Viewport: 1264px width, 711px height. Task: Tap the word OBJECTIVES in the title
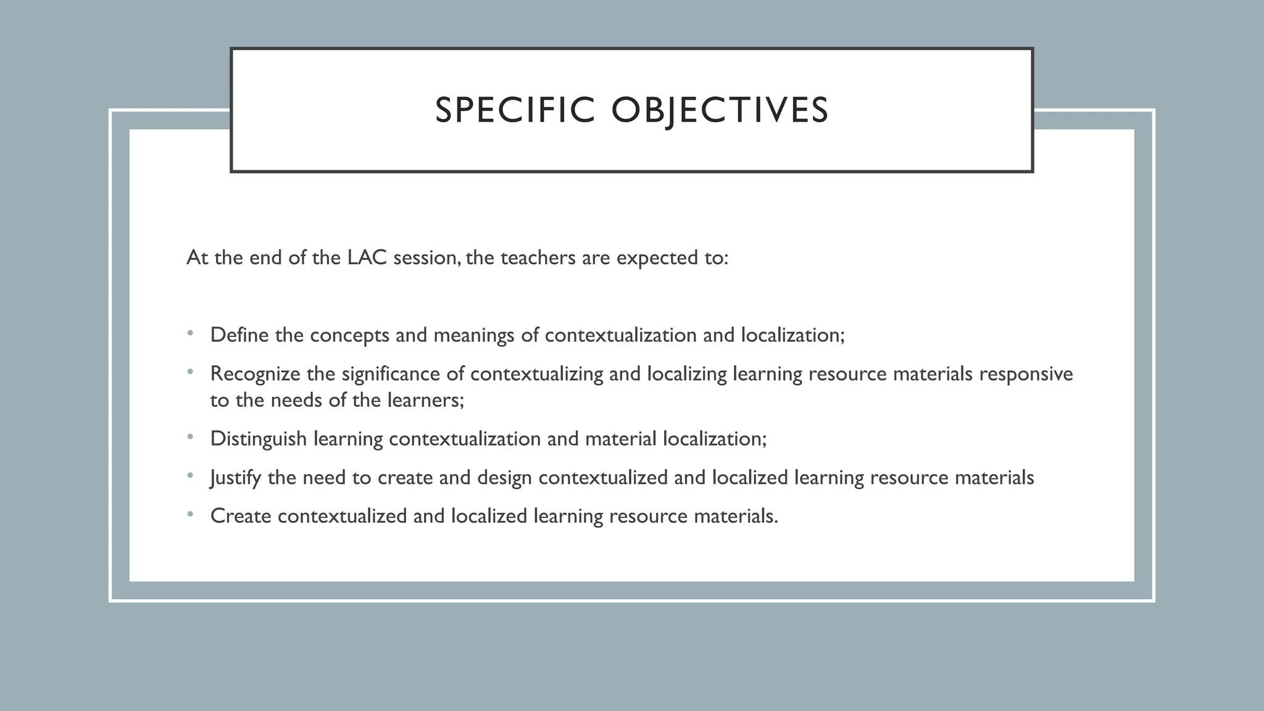click(720, 110)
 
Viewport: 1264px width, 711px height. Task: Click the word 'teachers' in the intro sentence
click(538, 257)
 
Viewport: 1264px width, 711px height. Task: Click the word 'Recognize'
click(256, 374)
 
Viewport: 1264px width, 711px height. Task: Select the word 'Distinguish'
click(259, 439)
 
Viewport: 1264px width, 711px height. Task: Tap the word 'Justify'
click(236, 478)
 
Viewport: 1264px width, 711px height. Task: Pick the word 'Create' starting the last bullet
click(241, 516)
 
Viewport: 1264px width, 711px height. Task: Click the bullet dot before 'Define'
click(191, 334)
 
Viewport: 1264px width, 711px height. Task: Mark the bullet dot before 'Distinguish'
click(191, 438)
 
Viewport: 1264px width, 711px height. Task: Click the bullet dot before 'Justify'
click(191, 476)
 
